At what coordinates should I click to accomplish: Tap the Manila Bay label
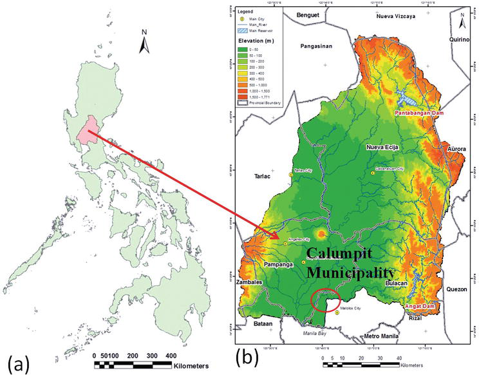point(316,335)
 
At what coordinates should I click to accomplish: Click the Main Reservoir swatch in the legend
point(243,29)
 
